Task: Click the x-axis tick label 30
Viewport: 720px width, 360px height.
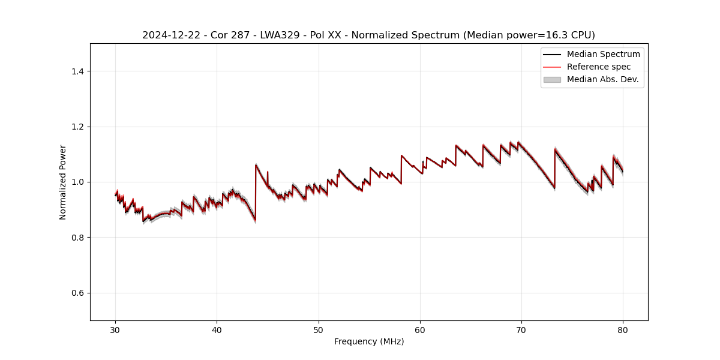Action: pyautogui.click(x=116, y=329)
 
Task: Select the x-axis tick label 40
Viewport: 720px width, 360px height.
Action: pyautogui.click(x=217, y=329)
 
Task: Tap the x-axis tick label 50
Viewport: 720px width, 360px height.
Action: pyautogui.click(x=319, y=329)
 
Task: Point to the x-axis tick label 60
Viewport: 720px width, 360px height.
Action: pyautogui.click(x=420, y=329)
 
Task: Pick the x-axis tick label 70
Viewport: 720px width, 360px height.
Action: pyautogui.click(x=521, y=329)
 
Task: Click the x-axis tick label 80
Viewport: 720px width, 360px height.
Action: pyautogui.click(x=623, y=329)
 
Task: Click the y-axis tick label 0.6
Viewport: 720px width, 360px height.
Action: pyautogui.click(x=78, y=293)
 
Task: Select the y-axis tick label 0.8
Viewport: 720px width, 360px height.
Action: pyautogui.click(x=78, y=238)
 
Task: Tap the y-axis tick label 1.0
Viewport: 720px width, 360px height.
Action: pyautogui.click(x=78, y=182)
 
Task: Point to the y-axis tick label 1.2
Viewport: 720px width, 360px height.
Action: pyautogui.click(x=78, y=127)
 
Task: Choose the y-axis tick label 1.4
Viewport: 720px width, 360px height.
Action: pyautogui.click(x=78, y=71)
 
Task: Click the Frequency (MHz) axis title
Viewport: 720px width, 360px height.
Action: pyautogui.click(x=369, y=341)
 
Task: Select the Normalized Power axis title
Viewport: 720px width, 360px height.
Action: pyautogui.click(x=63, y=182)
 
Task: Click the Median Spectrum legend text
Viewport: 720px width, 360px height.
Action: pyautogui.click(x=603, y=54)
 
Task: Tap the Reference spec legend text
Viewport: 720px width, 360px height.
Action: pyautogui.click(x=599, y=67)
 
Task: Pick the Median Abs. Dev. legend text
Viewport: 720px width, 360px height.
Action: pyautogui.click(x=602, y=79)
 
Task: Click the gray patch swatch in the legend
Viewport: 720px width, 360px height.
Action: pyautogui.click(x=552, y=79)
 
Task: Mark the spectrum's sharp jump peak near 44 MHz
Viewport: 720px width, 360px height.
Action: pyautogui.click(x=256, y=164)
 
